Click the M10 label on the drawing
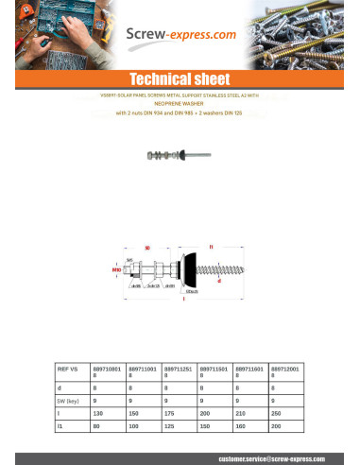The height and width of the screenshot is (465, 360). tap(116, 269)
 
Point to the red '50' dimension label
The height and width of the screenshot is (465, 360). tap(147, 248)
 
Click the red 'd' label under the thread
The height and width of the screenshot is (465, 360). tap(246, 280)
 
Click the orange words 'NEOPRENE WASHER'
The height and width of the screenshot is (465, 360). tap(180, 105)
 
